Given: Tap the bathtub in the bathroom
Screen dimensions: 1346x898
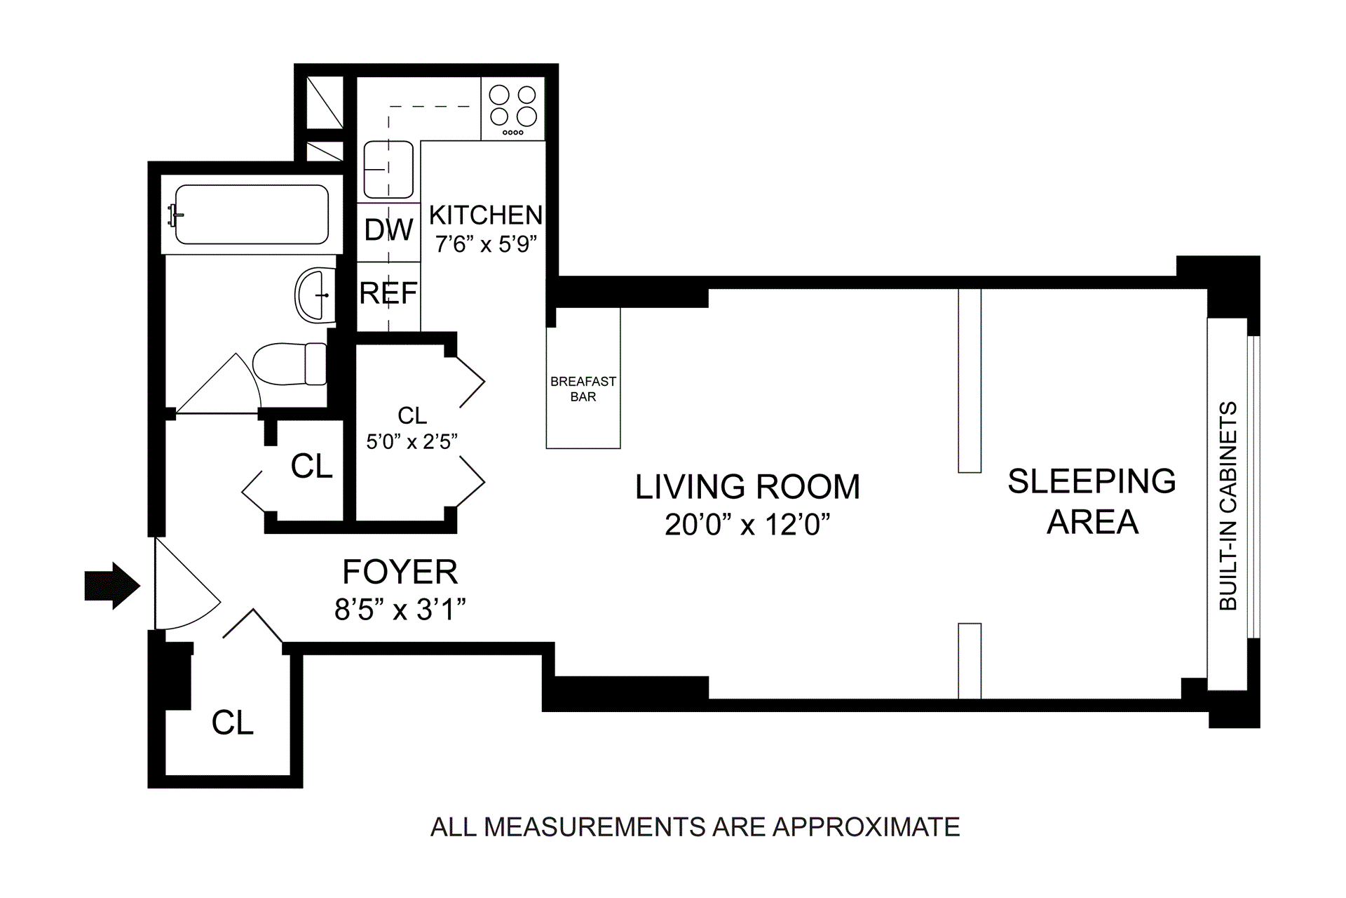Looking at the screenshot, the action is pos(250,214).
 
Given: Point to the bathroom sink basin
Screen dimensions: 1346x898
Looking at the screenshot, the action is pos(315,295).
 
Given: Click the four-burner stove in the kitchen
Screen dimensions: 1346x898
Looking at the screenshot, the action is pos(512,109).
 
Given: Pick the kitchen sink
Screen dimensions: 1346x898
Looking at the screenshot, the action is pos(388,169).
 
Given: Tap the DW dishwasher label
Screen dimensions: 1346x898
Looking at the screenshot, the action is pos(389,229).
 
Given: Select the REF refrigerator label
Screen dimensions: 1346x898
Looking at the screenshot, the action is pos(388,293).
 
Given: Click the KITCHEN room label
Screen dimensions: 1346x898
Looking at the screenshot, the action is pos(486,215).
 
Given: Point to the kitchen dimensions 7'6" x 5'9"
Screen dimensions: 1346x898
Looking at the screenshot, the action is pos(486,244).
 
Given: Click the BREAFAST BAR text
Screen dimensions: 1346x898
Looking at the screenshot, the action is pos(583,389).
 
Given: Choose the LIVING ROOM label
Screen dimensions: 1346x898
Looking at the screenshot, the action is pos(747,487).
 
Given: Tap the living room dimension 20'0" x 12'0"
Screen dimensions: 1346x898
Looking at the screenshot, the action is pos(747,524).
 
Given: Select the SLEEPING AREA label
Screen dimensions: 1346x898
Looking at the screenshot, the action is pos(1092,501).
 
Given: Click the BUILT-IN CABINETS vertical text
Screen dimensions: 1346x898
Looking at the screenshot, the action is pos(1228,506).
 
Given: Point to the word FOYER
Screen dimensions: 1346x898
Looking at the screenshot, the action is pos(400,572).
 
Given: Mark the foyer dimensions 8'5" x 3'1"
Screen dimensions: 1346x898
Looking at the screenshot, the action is pos(400,609).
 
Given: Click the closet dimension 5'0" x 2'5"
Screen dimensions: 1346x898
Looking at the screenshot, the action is pos(412,441).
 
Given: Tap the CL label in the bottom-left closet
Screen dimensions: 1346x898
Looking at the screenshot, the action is pos(233,723).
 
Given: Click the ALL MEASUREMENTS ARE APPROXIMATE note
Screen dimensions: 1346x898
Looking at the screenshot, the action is pos(695,827).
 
